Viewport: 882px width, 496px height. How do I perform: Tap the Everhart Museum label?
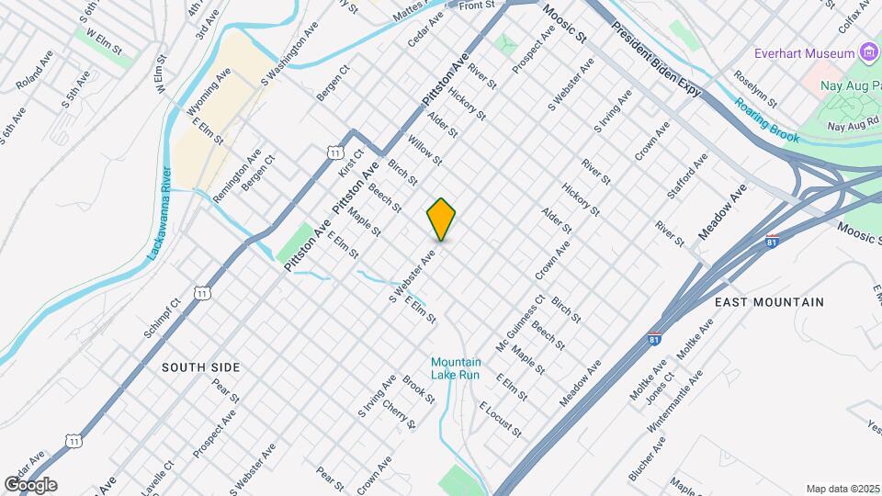(806, 53)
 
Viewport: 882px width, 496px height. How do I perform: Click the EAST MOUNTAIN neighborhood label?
(769, 301)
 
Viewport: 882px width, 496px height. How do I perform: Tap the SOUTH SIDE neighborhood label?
(200, 367)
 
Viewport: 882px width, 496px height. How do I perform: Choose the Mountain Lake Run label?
(456, 368)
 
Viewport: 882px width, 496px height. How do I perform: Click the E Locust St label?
(500, 419)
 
